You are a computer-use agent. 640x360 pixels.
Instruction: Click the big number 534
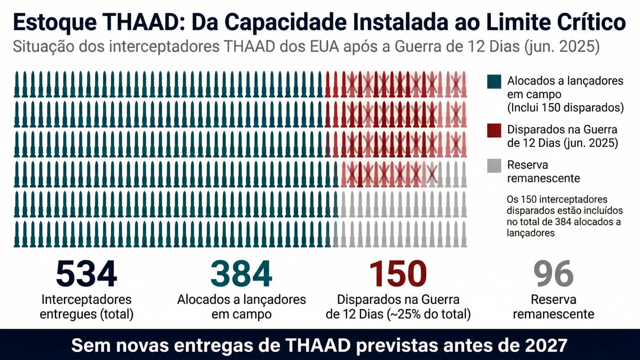(x=86, y=274)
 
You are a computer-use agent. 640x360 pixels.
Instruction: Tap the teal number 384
(x=241, y=274)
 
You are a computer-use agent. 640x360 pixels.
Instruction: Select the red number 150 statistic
(x=398, y=274)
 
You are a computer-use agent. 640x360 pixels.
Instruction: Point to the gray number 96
(x=553, y=274)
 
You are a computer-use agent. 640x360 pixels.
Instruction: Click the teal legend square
(x=494, y=81)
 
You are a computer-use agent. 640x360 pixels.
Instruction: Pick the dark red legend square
(x=494, y=130)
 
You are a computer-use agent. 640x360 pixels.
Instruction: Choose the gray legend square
(x=494, y=166)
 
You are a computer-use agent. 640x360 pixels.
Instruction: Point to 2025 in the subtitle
(x=577, y=46)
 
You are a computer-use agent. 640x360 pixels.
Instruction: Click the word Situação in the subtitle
(x=44, y=46)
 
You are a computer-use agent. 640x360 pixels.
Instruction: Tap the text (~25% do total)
(x=429, y=314)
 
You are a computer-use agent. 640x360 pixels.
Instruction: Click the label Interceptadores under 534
(x=86, y=299)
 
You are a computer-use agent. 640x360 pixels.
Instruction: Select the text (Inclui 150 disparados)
(x=565, y=108)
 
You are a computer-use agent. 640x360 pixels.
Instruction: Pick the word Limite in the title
(x=514, y=22)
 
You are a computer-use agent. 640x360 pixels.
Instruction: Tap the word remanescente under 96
(x=553, y=314)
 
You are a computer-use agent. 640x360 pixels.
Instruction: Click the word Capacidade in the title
(x=285, y=22)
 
